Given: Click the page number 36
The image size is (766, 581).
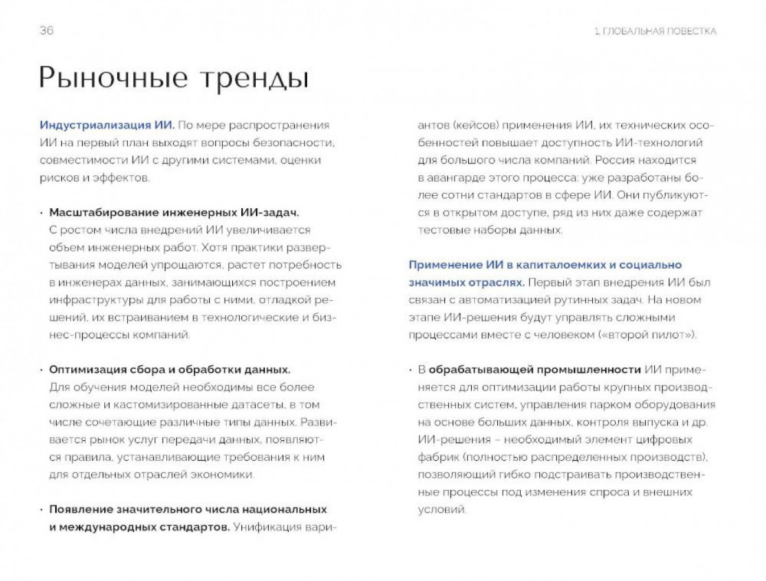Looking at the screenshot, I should [x=46, y=31].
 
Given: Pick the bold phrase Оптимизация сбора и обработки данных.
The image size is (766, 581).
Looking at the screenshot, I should [x=169, y=369].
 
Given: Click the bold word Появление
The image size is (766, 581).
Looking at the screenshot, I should [x=81, y=509].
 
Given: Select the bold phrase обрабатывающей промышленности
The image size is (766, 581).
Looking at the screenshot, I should [x=535, y=370].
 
